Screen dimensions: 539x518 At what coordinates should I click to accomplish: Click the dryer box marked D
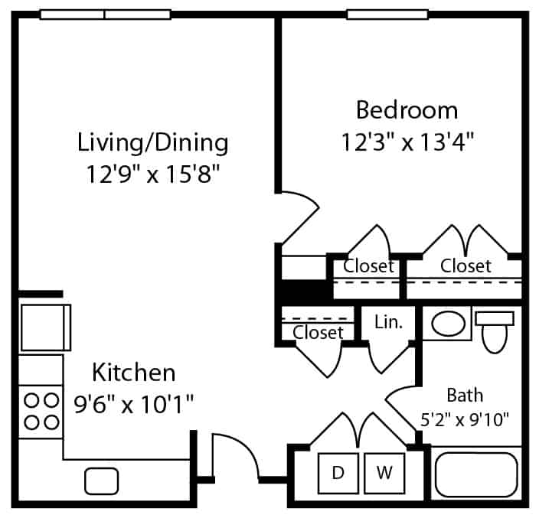pyautogui.click(x=338, y=474)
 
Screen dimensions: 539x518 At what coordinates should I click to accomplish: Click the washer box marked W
pyautogui.click(x=384, y=474)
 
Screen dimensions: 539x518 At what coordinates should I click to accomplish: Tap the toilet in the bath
pyautogui.click(x=495, y=332)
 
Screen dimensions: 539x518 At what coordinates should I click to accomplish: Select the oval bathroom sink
pyautogui.click(x=448, y=324)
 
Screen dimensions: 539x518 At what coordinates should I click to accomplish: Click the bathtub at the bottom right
pyautogui.click(x=476, y=474)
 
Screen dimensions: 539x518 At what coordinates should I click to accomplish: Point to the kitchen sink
pyautogui.click(x=101, y=481)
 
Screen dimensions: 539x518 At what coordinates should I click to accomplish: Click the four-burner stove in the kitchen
pyautogui.click(x=41, y=412)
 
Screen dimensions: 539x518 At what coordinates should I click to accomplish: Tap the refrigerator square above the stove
pyautogui.click(x=45, y=327)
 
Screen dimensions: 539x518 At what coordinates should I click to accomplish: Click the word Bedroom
pyautogui.click(x=407, y=110)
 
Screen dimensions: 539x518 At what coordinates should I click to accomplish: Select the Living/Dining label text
pyautogui.click(x=152, y=142)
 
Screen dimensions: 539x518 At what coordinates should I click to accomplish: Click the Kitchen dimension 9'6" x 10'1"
pyautogui.click(x=134, y=405)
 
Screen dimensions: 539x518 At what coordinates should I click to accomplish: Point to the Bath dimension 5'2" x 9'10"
pyautogui.click(x=465, y=419)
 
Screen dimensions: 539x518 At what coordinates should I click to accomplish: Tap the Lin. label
pyautogui.click(x=388, y=322)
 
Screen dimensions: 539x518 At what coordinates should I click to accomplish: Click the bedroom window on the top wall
pyautogui.click(x=387, y=15)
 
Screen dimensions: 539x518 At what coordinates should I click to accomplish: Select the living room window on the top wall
pyautogui.click(x=105, y=15)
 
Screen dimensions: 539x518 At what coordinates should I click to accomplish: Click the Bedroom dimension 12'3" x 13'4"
pyautogui.click(x=407, y=142)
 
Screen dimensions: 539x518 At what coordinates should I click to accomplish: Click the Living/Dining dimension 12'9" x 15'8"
pyautogui.click(x=152, y=174)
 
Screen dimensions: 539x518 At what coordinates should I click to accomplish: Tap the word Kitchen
pyautogui.click(x=134, y=373)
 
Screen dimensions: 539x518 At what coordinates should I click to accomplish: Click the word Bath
pyautogui.click(x=465, y=395)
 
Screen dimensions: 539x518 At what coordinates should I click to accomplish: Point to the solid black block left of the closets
pyautogui.click(x=304, y=291)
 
